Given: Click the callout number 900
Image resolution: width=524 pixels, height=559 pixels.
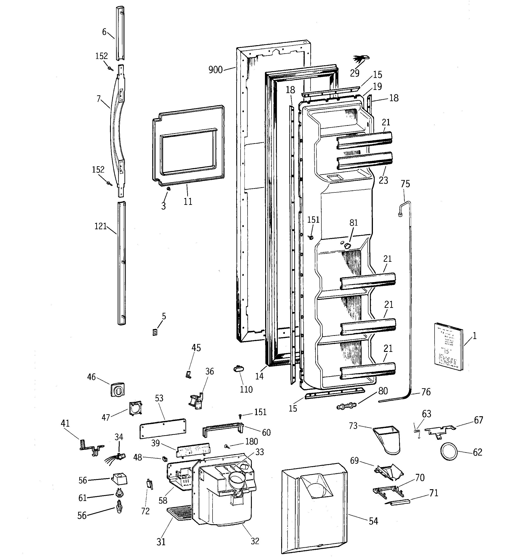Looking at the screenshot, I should [215, 70].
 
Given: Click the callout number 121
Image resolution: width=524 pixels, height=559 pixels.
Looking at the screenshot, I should [101, 226].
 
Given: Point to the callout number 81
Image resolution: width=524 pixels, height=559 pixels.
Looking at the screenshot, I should [353, 223].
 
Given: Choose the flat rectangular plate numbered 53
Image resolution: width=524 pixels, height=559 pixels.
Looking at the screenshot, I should [163, 428].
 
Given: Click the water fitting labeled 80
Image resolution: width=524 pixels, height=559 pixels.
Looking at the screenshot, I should [346, 406].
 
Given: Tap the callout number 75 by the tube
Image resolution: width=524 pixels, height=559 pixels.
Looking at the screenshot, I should [405, 184].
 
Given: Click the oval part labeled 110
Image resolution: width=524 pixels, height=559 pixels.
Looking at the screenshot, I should [239, 369].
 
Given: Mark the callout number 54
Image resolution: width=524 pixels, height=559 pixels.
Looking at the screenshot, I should [373, 521].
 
